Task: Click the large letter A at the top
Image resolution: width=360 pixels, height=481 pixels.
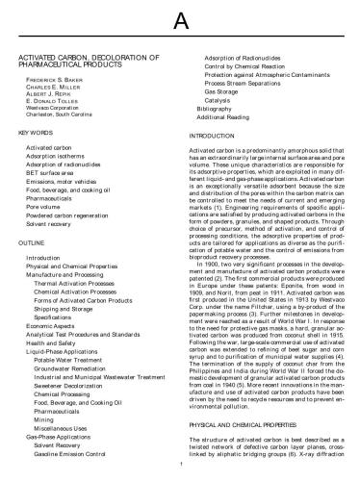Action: pyautogui.click(x=180, y=20)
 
